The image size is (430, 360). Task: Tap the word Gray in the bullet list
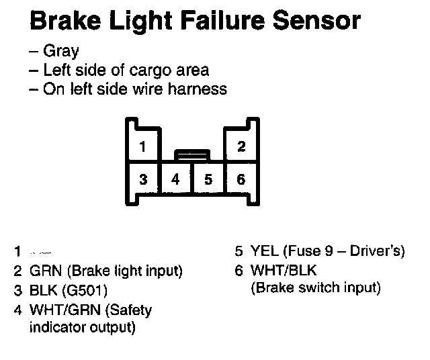point(61,51)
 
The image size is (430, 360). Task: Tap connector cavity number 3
point(143,179)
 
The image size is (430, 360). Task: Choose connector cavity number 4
point(176,179)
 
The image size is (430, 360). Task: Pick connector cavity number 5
point(208,179)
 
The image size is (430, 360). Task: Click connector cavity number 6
point(241,179)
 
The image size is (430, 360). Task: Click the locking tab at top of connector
point(192,154)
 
